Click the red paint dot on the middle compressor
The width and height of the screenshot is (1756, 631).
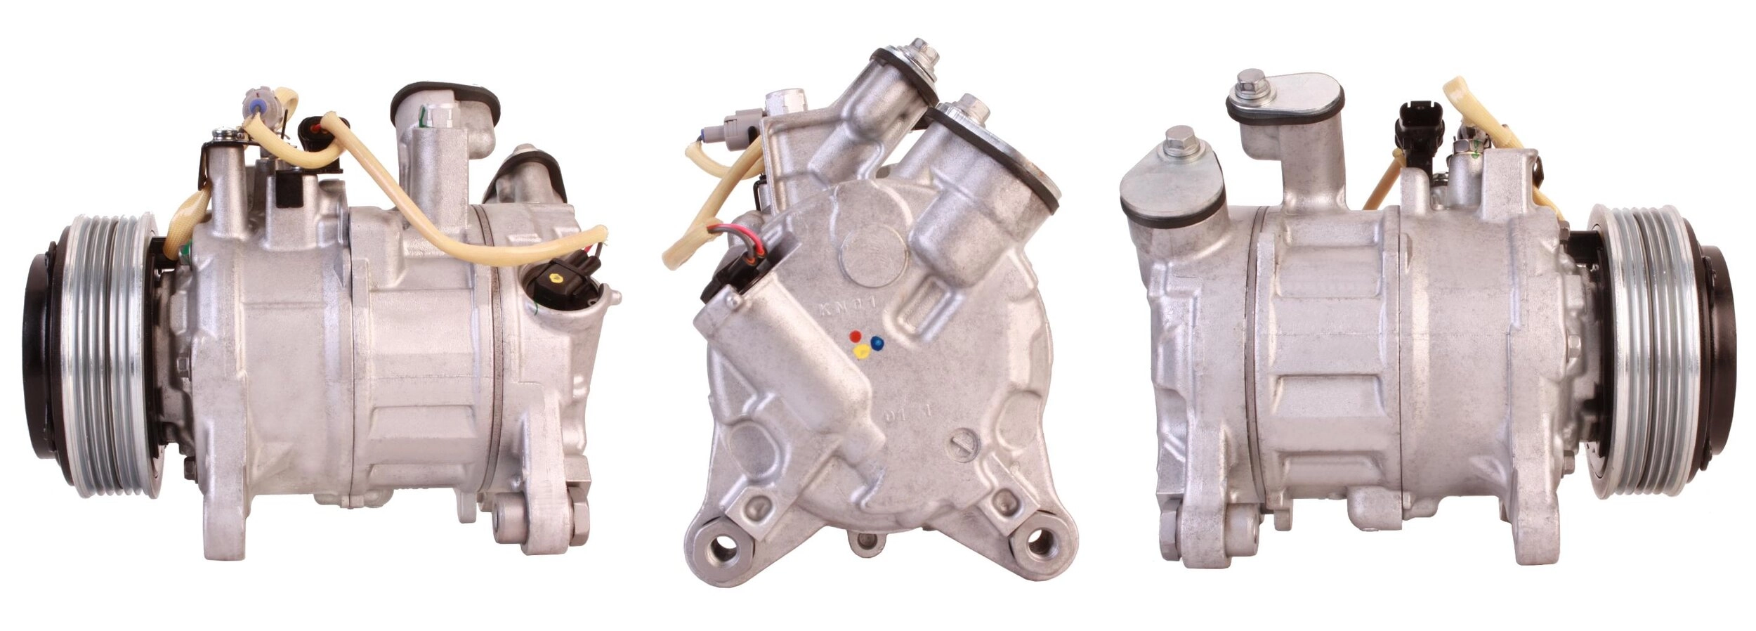[854, 335]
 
